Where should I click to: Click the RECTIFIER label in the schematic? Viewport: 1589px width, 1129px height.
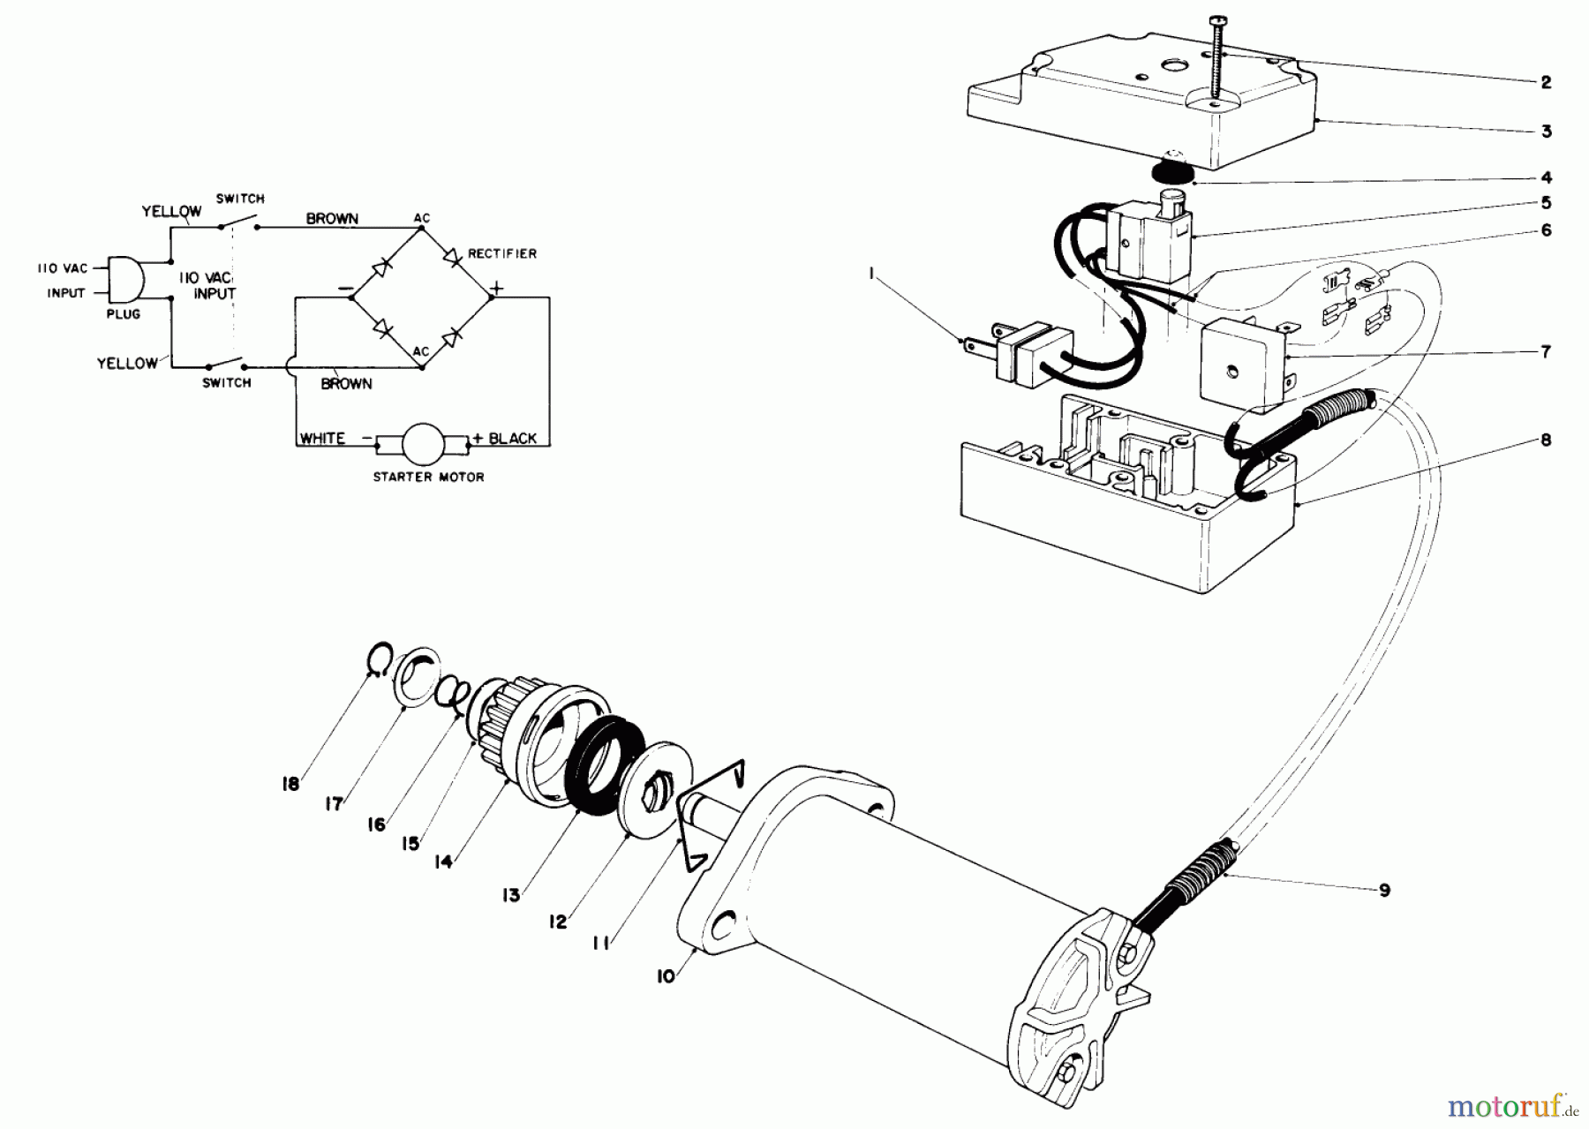tap(502, 253)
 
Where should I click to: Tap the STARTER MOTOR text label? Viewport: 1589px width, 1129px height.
tap(428, 477)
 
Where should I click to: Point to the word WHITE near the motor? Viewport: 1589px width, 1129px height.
tap(322, 438)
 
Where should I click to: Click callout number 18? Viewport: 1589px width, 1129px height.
tap(291, 783)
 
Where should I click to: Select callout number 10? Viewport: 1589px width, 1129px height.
tap(666, 975)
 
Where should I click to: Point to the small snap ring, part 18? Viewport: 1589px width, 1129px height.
tap(377, 658)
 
